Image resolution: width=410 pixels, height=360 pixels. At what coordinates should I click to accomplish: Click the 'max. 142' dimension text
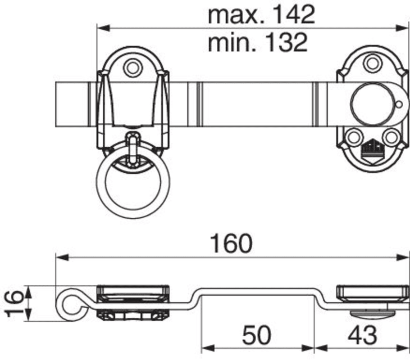pyautogui.click(x=261, y=15)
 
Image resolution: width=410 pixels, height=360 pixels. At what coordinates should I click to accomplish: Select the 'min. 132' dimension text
pyautogui.click(x=258, y=42)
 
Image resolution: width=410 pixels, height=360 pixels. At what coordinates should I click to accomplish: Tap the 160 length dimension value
pyautogui.click(x=232, y=244)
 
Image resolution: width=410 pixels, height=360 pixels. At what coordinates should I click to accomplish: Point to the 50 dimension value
pyautogui.click(x=256, y=335)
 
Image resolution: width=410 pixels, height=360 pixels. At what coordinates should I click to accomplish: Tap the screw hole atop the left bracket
pyautogui.click(x=132, y=67)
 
